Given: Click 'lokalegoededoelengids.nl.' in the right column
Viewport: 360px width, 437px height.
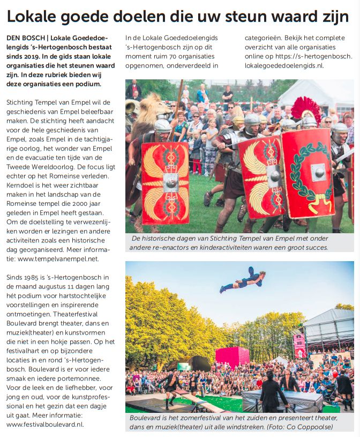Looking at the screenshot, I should coord(287,65).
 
